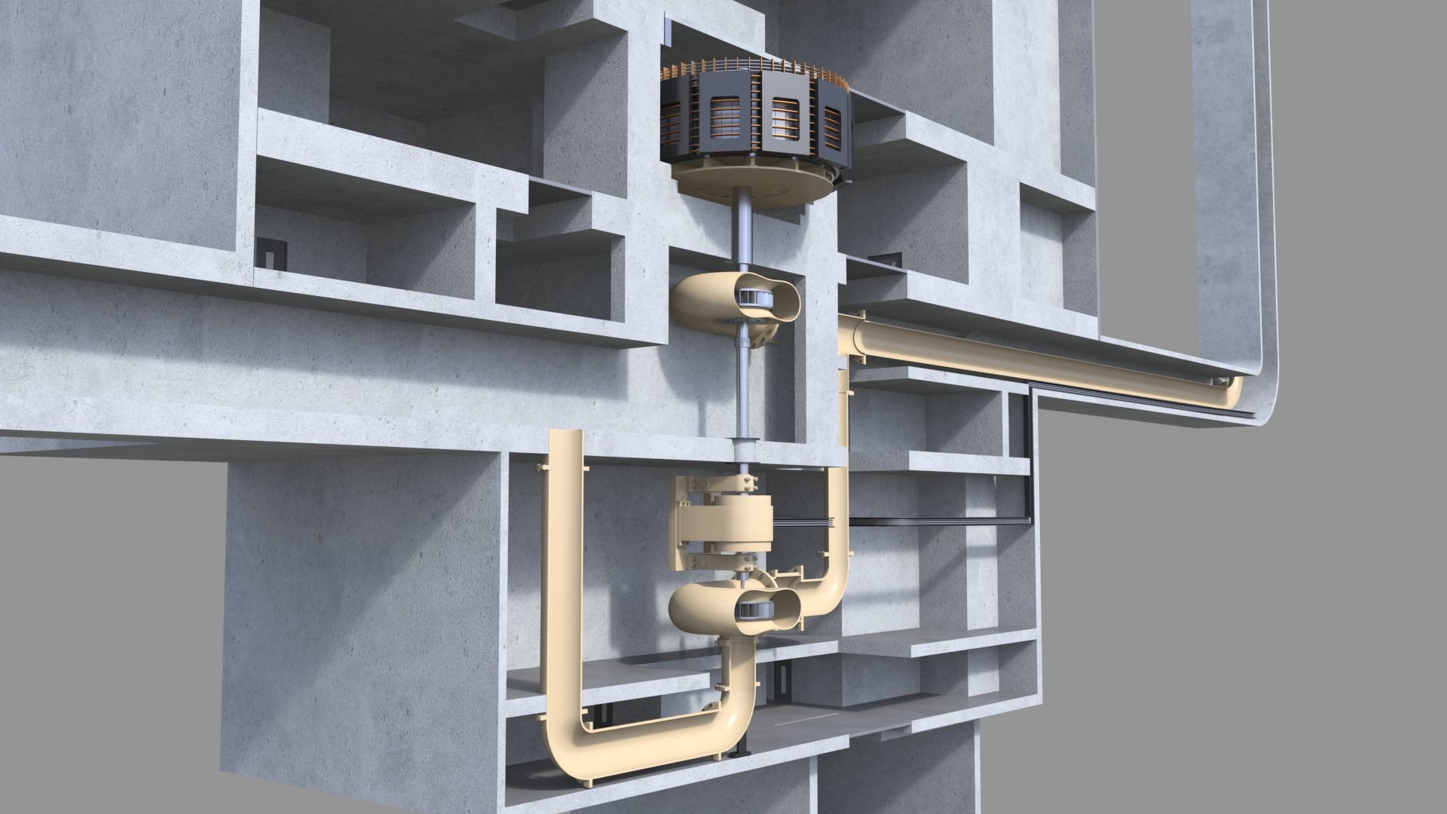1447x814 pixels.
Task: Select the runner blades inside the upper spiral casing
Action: (754, 298)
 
